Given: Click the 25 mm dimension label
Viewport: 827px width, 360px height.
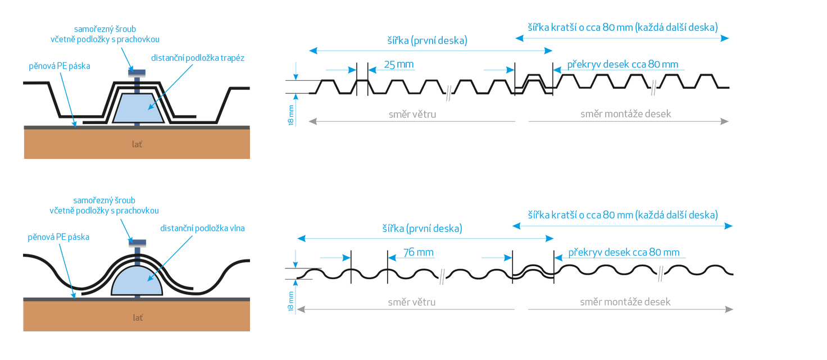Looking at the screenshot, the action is coord(398,64).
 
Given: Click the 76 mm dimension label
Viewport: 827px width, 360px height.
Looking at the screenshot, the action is coord(419,252).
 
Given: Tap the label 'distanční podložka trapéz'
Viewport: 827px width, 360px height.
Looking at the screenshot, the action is coord(198,58).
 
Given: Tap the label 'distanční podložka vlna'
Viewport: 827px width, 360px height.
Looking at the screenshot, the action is coord(202,228).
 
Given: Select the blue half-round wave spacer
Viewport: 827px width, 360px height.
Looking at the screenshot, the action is coord(137,281).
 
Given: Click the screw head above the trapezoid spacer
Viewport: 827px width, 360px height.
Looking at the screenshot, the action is coord(137,71).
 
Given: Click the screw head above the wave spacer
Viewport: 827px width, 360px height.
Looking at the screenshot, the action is coord(137,243).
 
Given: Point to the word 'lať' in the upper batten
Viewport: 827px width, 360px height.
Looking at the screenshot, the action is coord(137,144).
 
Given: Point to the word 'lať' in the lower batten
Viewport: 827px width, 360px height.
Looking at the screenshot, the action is coord(137,317).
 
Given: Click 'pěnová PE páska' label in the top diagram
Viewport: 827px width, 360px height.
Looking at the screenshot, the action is coord(60,66).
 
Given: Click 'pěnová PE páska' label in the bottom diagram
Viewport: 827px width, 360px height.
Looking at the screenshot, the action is coord(58,237).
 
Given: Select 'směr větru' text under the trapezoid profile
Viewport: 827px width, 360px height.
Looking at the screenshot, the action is coord(412,114).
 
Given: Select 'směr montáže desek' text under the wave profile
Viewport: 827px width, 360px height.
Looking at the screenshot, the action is coord(625,302).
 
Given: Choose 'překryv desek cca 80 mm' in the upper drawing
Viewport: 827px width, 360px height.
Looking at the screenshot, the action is coord(622,64).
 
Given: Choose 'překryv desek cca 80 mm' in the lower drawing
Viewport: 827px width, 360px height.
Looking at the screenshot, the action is coord(624,252).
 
